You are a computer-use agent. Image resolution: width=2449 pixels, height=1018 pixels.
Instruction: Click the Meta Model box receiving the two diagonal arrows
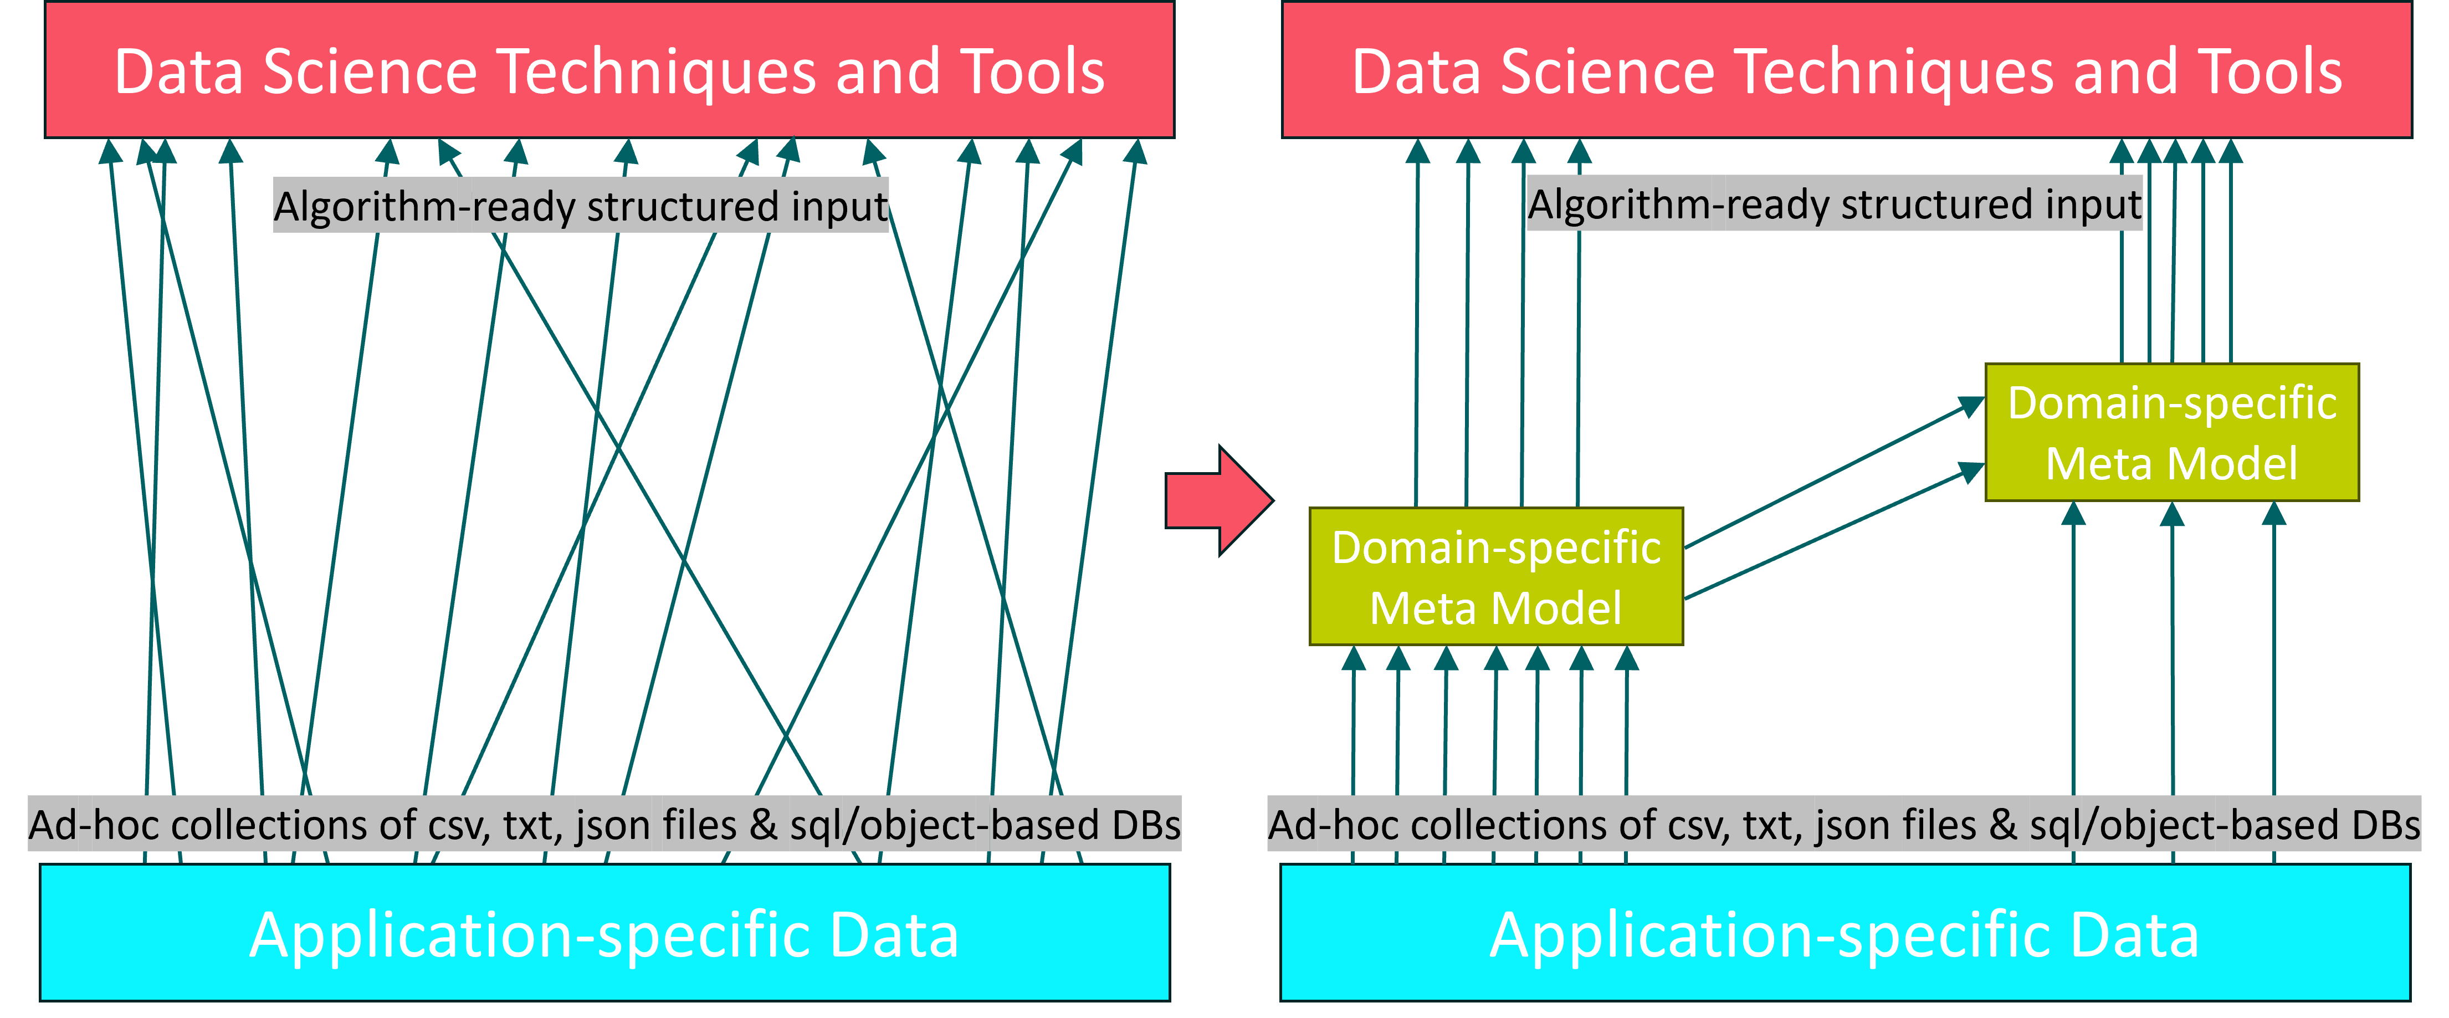(2171, 432)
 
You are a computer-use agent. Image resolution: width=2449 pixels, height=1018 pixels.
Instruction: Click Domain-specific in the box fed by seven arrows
(1495, 548)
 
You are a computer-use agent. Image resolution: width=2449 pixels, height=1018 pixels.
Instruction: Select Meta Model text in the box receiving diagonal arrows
(2171, 464)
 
